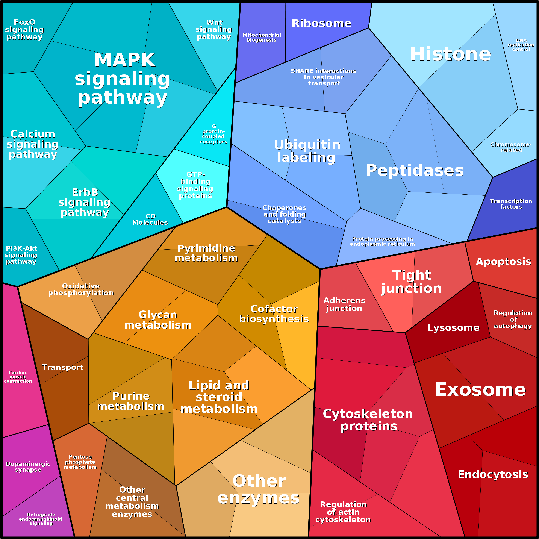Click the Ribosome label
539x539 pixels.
[x=321, y=23]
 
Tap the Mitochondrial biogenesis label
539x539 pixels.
[x=262, y=37]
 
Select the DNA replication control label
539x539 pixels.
[x=521, y=45]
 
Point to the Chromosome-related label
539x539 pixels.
[x=511, y=147]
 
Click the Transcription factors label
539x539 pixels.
[x=511, y=204]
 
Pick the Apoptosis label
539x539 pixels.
[x=503, y=262]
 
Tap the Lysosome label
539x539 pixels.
[x=453, y=327]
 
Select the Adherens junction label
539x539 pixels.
[x=344, y=304]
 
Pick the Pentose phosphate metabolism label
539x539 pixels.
[x=80, y=462]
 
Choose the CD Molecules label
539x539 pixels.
[x=150, y=219]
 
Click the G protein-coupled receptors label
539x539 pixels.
[x=214, y=134]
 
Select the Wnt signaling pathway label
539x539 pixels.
[x=214, y=29]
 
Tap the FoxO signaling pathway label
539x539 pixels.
[x=24, y=29]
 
